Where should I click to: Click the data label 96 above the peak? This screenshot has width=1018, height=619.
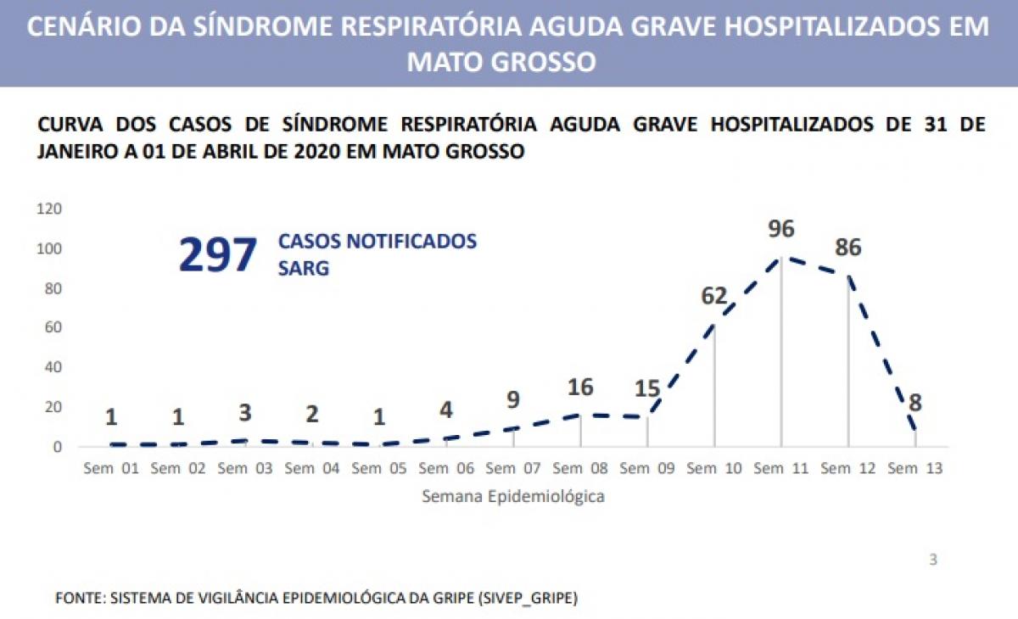(x=780, y=230)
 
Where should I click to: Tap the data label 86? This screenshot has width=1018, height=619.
(x=847, y=248)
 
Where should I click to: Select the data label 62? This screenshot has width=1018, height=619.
(x=714, y=297)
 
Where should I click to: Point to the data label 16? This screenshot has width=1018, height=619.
(x=581, y=388)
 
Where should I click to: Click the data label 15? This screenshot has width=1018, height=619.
(x=648, y=389)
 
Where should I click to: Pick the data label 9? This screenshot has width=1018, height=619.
(x=513, y=399)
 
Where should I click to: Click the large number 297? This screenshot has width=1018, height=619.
(x=217, y=255)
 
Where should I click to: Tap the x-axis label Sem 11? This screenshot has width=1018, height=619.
(x=780, y=468)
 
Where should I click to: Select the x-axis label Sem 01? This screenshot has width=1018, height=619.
(x=110, y=468)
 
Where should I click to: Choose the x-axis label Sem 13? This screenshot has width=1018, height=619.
(x=915, y=468)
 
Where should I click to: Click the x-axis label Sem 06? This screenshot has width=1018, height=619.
(x=445, y=468)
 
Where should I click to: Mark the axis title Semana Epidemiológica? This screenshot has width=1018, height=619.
(x=513, y=497)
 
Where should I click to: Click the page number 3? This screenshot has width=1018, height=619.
(x=933, y=560)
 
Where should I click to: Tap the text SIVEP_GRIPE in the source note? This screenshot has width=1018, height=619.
(x=532, y=598)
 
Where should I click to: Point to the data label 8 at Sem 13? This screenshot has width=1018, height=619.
(x=915, y=402)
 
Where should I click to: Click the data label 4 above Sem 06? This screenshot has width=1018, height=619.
(x=446, y=410)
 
